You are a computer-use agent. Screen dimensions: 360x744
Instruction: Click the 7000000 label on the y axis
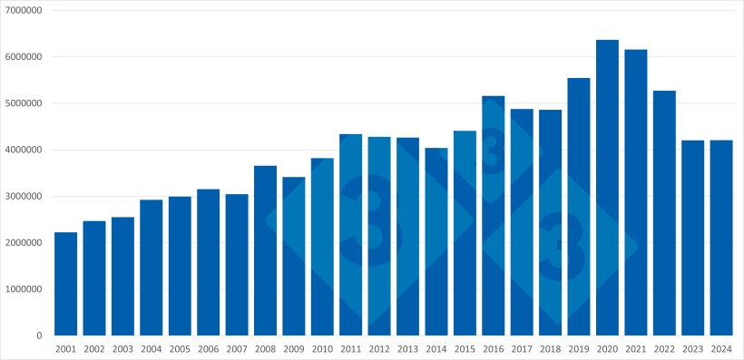coord(24,10)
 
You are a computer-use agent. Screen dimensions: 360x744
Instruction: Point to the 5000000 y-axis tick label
coord(24,103)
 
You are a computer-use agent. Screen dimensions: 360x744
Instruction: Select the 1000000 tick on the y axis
coord(24,289)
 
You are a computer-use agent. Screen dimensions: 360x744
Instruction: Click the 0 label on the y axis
coord(40,336)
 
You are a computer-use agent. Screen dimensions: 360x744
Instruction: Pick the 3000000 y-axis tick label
coord(24,197)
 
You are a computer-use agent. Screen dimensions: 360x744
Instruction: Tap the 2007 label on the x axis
coord(237,348)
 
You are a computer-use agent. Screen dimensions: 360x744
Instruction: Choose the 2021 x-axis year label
coord(635,348)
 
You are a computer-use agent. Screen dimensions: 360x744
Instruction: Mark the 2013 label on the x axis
coord(407,348)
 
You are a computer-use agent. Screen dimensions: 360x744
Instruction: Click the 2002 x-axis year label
coord(94,348)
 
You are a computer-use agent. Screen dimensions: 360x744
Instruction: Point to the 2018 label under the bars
coord(550,348)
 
